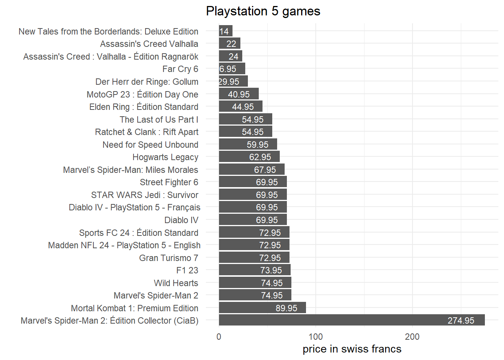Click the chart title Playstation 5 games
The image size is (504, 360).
pyautogui.click(x=263, y=11)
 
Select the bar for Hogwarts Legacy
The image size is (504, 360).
pyautogui.click(x=249, y=157)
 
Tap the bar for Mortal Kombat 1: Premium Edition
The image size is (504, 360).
pyautogui.click(x=262, y=308)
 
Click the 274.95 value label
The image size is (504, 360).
pyautogui.click(x=460, y=321)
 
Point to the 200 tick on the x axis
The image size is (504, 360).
pyautogui.click(x=412, y=336)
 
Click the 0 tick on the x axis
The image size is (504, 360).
pyautogui.click(x=219, y=336)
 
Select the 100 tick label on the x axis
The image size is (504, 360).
pyautogui.click(x=315, y=336)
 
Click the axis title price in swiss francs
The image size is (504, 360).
pyautogui.click(x=352, y=349)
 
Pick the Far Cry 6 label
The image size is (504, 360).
pyautogui.click(x=180, y=69)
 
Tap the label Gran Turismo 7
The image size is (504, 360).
pyautogui.click(x=168, y=258)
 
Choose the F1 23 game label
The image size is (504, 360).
pyautogui.click(x=187, y=270)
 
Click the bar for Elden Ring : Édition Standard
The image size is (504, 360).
pyautogui.click(x=240, y=107)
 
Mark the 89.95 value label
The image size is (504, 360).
pyautogui.click(x=286, y=308)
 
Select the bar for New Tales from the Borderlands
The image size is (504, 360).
pyautogui.click(x=225, y=31)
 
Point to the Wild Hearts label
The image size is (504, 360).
pyautogui.click(x=176, y=283)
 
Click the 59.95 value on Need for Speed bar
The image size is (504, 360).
pyautogui.click(x=257, y=145)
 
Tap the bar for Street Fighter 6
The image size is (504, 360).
pyautogui.click(x=253, y=182)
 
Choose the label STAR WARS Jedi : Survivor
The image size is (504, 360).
pyautogui.click(x=144, y=195)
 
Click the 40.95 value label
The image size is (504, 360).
pyautogui.click(x=238, y=94)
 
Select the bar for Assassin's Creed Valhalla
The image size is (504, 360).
pyautogui.click(x=229, y=44)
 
